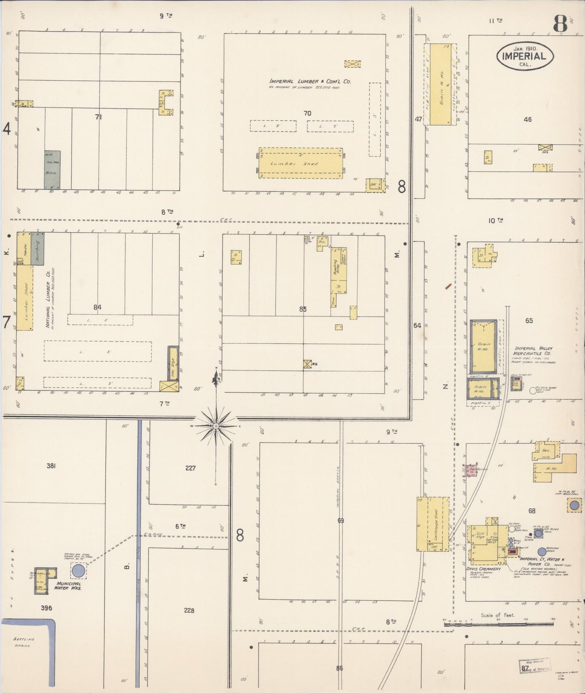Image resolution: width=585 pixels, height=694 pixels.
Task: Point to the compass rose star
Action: [216, 426]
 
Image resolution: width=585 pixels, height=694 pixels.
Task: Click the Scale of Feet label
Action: [498, 615]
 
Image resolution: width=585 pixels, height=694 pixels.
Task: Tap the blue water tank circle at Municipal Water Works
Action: [78, 571]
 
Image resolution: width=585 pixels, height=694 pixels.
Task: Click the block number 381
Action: [51, 466]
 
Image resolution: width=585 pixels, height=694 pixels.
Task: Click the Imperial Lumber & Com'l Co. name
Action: [310, 81]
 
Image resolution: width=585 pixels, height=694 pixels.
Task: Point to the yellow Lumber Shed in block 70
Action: [300, 163]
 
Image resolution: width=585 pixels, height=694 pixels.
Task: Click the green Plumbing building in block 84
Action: [37, 249]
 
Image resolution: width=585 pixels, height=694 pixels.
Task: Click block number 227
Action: [190, 468]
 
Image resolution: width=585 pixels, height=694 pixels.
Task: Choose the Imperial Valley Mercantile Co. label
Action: [534, 351]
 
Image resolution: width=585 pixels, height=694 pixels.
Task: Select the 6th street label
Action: [180, 526]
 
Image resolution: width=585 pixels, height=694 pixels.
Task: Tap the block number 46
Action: [527, 119]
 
